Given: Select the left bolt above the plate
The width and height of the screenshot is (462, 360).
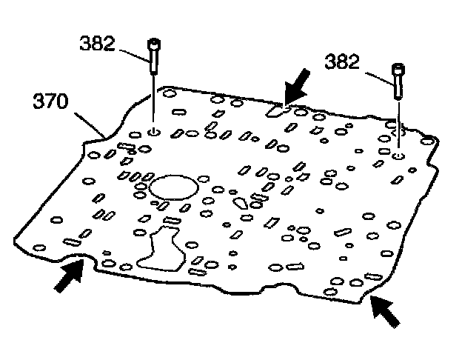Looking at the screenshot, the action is (153, 55).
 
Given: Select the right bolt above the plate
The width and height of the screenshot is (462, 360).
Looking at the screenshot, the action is (398, 79).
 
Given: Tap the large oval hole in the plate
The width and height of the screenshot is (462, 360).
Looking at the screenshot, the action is (171, 186).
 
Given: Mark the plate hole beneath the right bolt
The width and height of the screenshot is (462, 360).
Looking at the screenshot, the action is (398, 157).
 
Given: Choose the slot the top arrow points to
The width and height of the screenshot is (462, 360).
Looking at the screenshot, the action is (277, 110).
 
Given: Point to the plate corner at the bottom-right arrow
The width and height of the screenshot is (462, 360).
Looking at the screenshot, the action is (364, 296).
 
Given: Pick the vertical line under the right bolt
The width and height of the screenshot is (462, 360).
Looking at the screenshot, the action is (398, 126).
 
